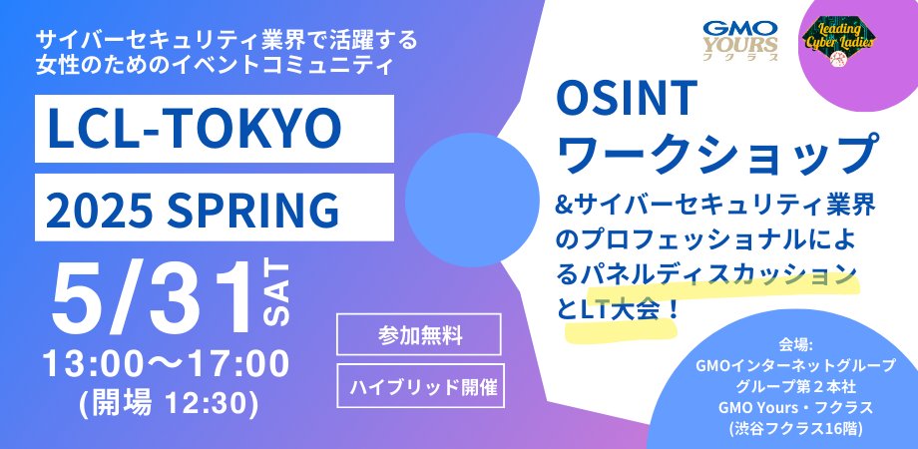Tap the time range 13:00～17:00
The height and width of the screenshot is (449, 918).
click(165, 362)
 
